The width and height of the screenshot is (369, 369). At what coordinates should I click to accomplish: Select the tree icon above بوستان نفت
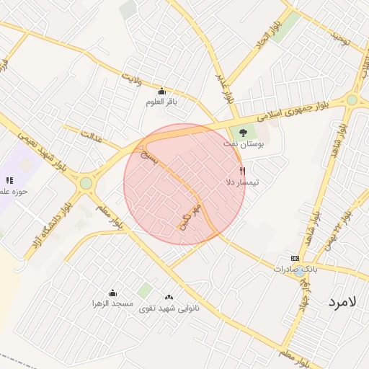[x=243, y=133]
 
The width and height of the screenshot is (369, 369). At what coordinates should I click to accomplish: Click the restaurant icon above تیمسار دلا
[x=243, y=172]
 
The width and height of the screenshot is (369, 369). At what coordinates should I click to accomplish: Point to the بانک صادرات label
[x=295, y=269]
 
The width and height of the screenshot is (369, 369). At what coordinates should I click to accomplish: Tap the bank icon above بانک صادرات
[x=294, y=258]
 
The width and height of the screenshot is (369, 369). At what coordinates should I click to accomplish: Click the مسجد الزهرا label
[x=112, y=304]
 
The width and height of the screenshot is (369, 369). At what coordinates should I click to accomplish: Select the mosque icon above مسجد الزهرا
[x=112, y=293]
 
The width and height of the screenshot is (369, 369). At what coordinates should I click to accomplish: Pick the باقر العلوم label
[x=161, y=102]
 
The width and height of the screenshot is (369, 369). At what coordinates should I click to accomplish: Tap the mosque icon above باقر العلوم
[x=161, y=91]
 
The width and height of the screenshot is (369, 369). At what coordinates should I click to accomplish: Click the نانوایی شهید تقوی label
[x=169, y=308]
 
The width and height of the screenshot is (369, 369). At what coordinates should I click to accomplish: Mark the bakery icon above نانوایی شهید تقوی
[x=169, y=296]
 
